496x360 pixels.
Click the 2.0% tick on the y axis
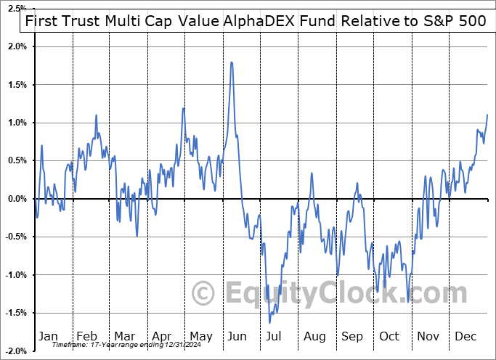(17, 46)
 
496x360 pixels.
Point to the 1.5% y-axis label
(17, 85)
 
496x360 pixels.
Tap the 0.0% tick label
(17, 199)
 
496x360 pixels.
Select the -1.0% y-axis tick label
(15, 275)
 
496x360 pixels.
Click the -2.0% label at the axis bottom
(15, 351)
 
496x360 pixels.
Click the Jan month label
(48, 336)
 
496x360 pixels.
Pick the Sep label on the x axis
(352, 336)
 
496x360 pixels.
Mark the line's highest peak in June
(231, 62)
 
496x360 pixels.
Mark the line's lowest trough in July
(270, 323)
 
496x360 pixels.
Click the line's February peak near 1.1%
(96, 115)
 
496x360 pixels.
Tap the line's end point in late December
(487, 115)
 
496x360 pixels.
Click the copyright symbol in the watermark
(203, 293)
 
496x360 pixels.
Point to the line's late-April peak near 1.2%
(183, 108)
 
